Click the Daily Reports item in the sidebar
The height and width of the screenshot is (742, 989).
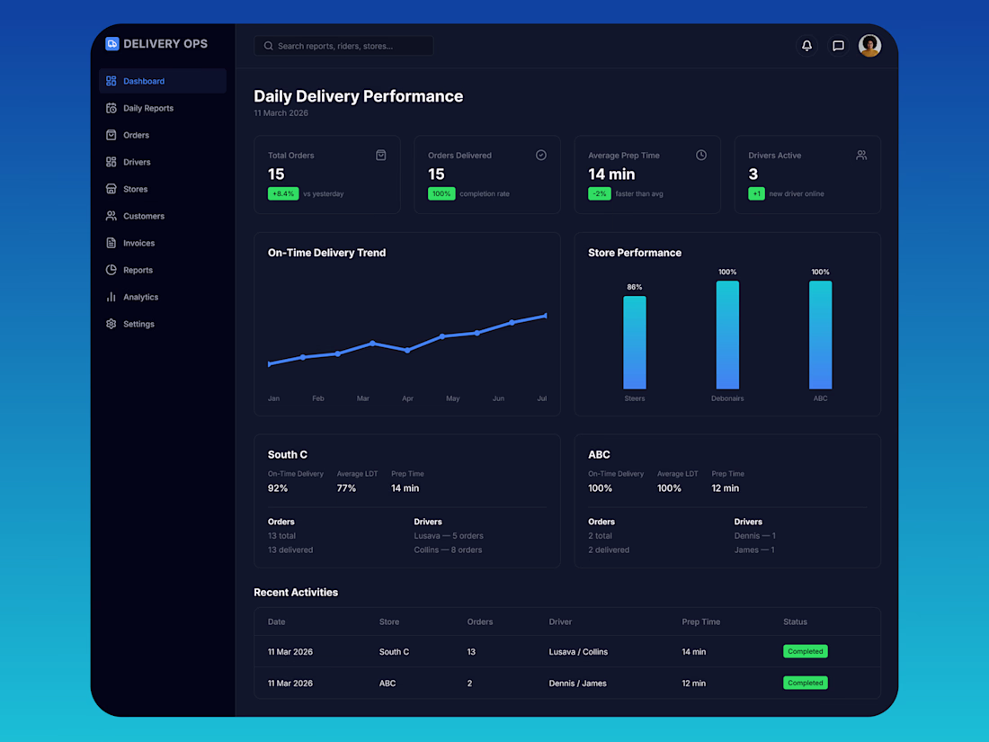(147, 108)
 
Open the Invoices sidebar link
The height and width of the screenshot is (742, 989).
(138, 243)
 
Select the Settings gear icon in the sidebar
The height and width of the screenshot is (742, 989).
(111, 324)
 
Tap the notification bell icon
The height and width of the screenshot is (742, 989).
(806, 46)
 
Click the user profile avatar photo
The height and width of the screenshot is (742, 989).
(869, 46)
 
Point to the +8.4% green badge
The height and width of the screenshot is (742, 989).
(283, 193)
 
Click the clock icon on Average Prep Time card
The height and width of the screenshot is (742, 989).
(701, 155)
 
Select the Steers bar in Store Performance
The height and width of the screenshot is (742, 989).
(635, 342)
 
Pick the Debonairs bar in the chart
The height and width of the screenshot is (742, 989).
(727, 335)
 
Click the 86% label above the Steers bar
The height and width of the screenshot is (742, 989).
(635, 287)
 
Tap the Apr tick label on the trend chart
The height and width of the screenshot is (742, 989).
(407, 398)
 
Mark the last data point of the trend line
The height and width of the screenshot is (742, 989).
(546, 316)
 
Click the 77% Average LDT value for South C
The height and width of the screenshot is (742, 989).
(346, 488)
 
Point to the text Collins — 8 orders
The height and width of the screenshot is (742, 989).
(448, 550)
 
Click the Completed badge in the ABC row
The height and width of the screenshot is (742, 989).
(805, 683)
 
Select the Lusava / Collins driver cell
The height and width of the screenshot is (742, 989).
(578, 652)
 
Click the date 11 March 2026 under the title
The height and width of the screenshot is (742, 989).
(281, 113)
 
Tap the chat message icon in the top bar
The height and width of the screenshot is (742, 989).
(838, 46)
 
